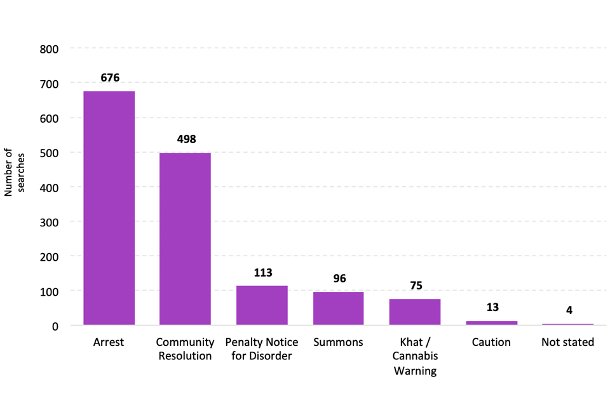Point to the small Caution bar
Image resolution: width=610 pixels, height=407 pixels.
491,323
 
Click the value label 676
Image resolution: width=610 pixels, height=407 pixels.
110,78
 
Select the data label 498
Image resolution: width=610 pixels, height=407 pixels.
186,139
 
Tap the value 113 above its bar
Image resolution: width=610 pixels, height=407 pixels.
263,272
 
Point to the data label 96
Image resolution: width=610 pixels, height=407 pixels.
339,279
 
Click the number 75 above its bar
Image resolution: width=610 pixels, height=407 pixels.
416,286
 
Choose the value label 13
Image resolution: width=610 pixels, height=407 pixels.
492,307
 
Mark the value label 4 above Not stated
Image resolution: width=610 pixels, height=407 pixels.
569,310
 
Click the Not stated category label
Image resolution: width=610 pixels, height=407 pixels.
567,342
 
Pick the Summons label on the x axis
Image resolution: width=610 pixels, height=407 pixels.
338,342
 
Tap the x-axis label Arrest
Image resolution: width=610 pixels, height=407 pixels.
109,342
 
